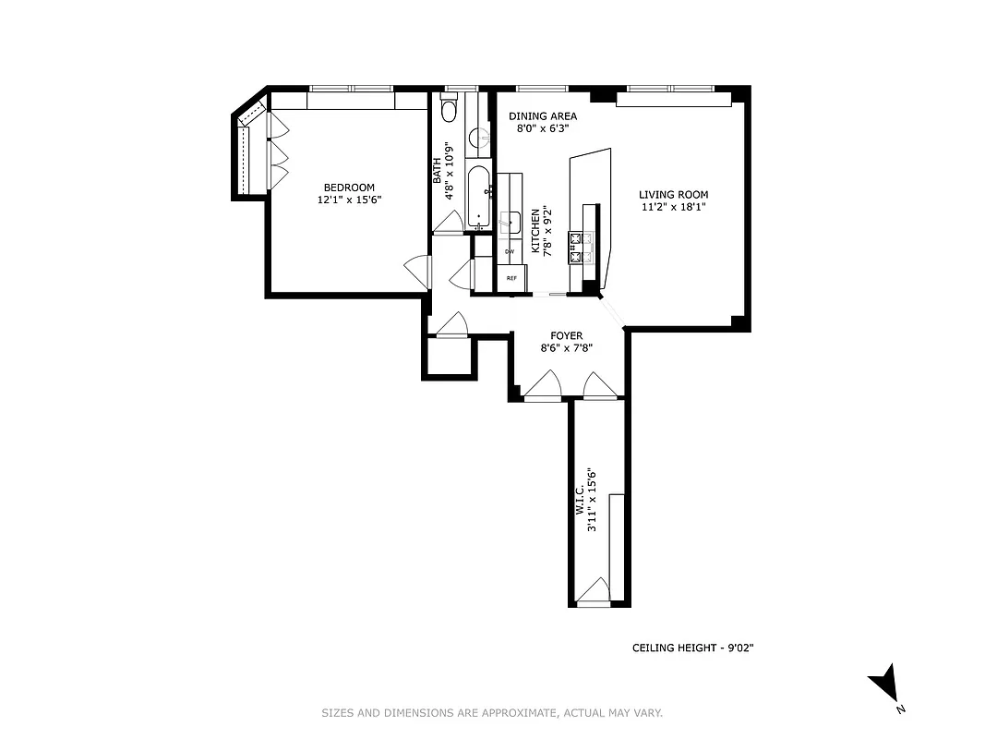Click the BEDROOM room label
click(349, 188)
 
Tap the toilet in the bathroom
click(450, 110)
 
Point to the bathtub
click(479, 195)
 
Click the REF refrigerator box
click(511, 277)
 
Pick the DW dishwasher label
click(509, 251)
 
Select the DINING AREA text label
click(543, 116)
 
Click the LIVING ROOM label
click(673, 195)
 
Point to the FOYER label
click(565, 336)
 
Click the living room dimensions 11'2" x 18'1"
click(673, 208)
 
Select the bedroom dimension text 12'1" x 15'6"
click(349, 200)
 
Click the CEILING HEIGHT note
click(692, 648)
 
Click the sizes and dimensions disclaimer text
click(492, 713)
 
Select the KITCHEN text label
click(535, 231)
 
